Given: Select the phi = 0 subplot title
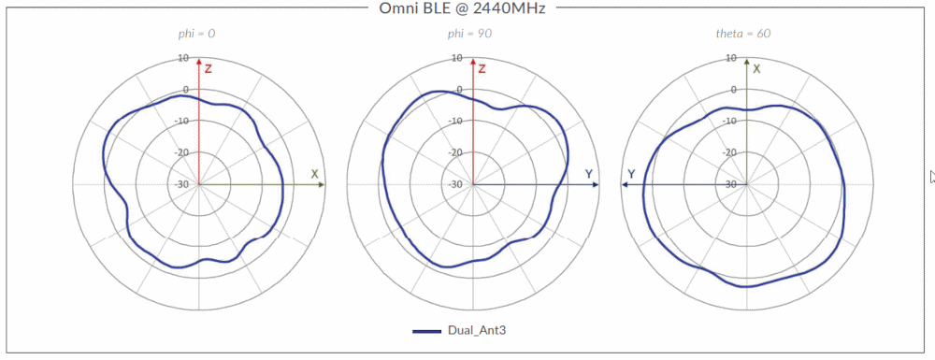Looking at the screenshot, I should (197, 34).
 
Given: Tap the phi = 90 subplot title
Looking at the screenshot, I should (470, 34).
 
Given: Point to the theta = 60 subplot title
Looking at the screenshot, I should (743, 34).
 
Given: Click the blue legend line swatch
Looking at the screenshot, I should (427, 331).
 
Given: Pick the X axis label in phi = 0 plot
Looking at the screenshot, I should (315, 174).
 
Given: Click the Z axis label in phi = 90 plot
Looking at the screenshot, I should (482, 69).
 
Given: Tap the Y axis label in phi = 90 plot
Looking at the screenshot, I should (588, 174).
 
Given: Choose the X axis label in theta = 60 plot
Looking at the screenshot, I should (756, 69).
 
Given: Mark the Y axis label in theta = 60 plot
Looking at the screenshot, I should (632, 174).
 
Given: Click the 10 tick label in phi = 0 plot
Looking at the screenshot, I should (185, 58).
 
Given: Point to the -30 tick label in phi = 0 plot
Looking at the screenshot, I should (183, 184).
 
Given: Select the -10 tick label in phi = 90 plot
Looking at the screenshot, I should (456, 122).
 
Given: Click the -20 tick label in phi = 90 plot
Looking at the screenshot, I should (456, 152).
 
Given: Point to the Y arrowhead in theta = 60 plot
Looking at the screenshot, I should (626, 185).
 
